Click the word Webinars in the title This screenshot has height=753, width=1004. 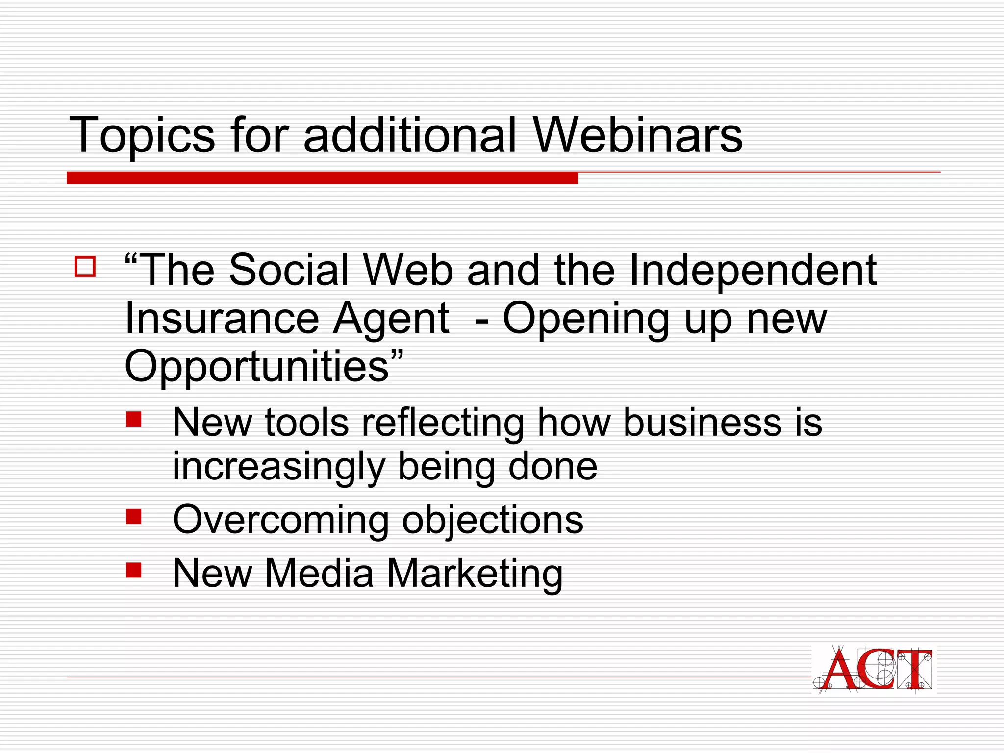coord(637,135)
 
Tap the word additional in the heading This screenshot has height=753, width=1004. coord(410,135)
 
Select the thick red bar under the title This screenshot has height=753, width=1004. coord(322,178)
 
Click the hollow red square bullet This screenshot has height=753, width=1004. coord(85,267)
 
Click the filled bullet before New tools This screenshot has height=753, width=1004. coord(133,419)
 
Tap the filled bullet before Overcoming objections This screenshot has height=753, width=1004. coord(133,516)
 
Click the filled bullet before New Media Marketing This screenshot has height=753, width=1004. coord(133,570)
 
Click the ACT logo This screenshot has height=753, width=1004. coord(874,669)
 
